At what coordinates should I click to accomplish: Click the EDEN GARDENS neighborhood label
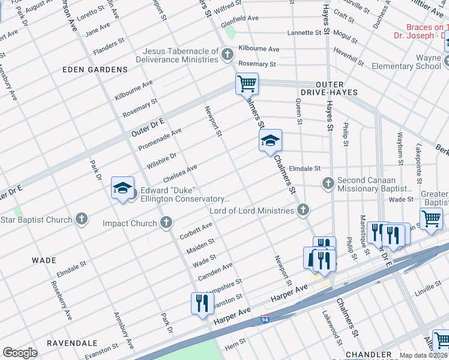click(x=96, y=70)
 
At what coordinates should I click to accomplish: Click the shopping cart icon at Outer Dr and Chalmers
click(x=247, y=83)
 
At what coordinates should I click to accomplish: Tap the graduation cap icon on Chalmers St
click(x=270, y=141)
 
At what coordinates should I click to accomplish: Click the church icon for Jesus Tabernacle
click(x=227, y=55)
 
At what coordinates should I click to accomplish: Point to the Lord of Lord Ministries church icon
click(x=303, y=210)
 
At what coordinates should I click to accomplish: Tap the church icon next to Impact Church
click(x=166, y=223)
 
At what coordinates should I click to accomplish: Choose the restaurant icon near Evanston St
click(x=202, y=302)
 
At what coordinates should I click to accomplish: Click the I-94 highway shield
click(x=265, y=321)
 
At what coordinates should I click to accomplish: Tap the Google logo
click(x=20, y=352)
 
